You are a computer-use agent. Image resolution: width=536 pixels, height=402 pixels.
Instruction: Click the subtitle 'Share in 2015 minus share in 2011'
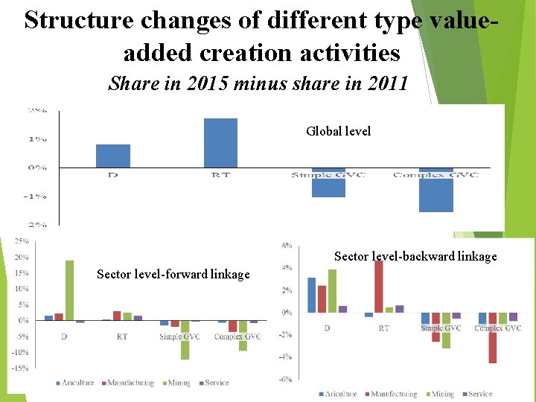click(x=258, y=83)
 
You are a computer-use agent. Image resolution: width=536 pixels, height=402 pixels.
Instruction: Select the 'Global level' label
click(x=338, y=131)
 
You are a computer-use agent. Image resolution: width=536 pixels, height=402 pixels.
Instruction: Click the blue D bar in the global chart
click(x=113, y=156)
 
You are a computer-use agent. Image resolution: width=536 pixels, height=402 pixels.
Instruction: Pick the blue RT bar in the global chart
click(x=220, y=143)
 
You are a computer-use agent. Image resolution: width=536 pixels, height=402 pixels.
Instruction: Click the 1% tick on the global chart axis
click(x=38, y=138)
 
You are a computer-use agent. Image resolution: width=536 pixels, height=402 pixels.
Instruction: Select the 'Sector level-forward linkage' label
click(x=173, y=275)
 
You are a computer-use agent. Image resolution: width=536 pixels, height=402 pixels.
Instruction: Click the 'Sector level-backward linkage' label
click(x=415, y=257)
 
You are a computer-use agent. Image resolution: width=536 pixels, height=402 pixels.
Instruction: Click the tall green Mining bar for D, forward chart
click(x=69, y=290)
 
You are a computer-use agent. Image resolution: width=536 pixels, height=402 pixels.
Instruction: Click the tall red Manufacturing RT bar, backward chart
click(x=379, y=286)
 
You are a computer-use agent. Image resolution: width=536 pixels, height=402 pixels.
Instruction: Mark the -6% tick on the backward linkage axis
click(x=287, y=379)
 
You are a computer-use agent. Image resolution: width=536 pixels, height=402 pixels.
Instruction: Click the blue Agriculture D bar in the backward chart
click(x=312, y=295)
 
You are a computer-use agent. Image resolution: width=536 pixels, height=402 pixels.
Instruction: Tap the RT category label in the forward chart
click(x=121, y=336)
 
